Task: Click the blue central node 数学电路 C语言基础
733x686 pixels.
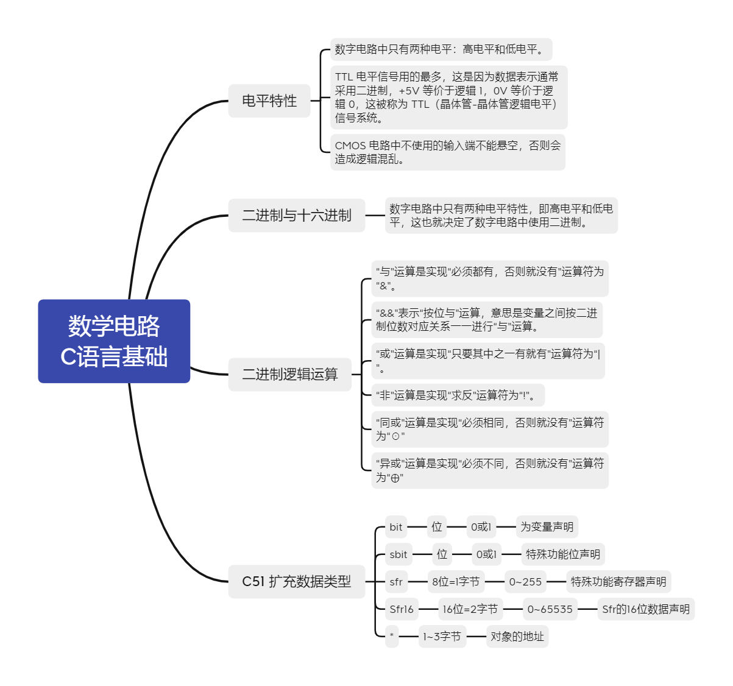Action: coord(114,341)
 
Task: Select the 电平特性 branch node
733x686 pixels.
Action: coord(269,101)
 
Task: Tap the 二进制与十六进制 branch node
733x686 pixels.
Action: coord(297,215)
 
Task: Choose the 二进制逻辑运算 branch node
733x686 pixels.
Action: coord(290,374)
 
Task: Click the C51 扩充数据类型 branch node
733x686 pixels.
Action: coord(297,581)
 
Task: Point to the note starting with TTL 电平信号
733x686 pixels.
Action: coord(448,97)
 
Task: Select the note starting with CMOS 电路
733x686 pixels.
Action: coord(448,152)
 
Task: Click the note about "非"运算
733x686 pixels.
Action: coord(457,395)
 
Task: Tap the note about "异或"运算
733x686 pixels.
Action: coord(490,470)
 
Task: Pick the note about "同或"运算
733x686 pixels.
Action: coord(490,429)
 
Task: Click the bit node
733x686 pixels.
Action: coord(396,527)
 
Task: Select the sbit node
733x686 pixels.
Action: coord(398,554)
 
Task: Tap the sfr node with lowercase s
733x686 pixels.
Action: coord(396,582)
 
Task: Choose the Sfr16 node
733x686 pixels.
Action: coord(402,609)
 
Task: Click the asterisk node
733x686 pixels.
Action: coord(392,637)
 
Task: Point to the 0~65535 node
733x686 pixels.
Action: coord(550,609)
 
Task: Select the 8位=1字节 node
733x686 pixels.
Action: coord(456,582)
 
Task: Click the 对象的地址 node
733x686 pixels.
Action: coord(517,637)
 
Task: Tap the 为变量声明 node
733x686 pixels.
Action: coord(547,527)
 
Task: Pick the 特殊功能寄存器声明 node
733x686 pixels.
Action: coord(618,582)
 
